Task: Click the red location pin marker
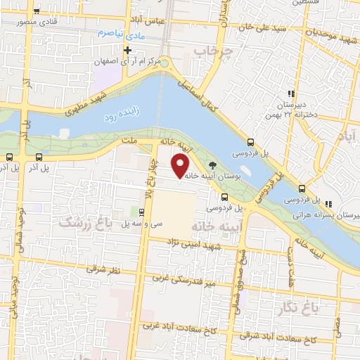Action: (181, 166)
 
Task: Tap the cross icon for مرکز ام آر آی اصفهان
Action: (127, 51)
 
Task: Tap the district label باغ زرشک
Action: (84, 224)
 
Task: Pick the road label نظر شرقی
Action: (104, 267)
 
